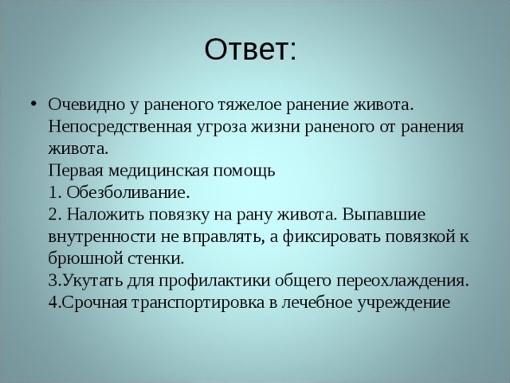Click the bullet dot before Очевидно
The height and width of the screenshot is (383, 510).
click(30, 106)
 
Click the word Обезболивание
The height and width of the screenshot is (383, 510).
click(127, 193)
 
